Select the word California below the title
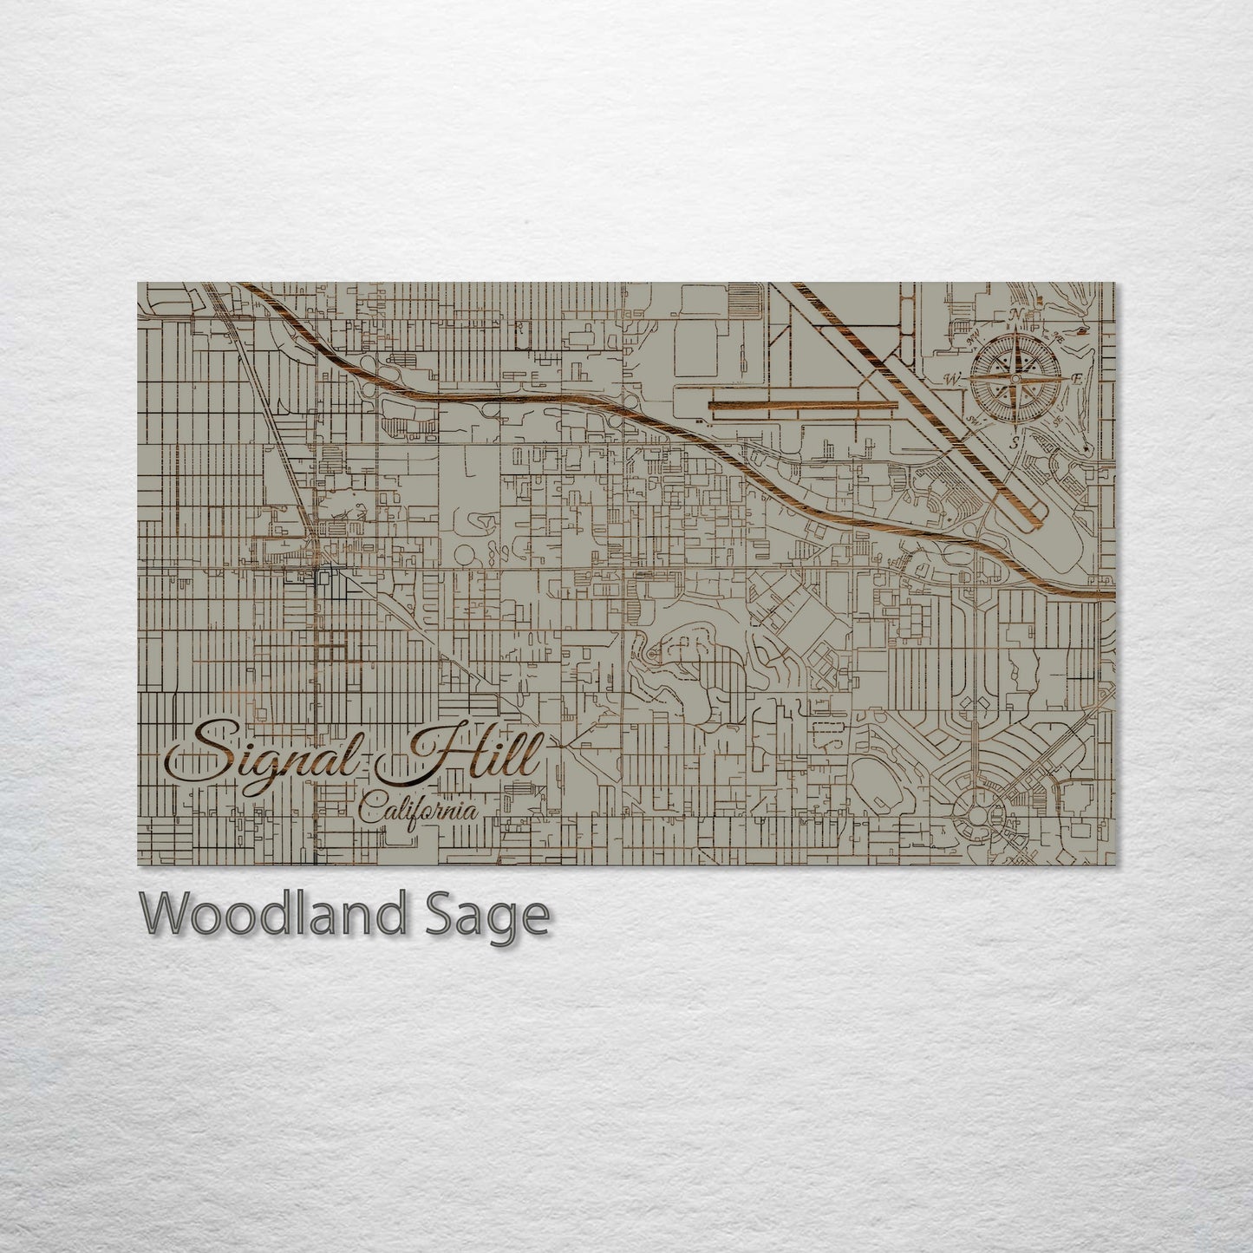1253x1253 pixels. point(418,812)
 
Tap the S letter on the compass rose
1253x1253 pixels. point(1015,442)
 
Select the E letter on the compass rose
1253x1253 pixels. point(1077,379)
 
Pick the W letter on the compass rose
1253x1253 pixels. point(951,380)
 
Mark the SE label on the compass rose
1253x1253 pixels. point(1060,421)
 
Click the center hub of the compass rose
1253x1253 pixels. point(1015,378)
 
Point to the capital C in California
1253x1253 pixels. point(369,813)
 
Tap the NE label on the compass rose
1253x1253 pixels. point(1059,335)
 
